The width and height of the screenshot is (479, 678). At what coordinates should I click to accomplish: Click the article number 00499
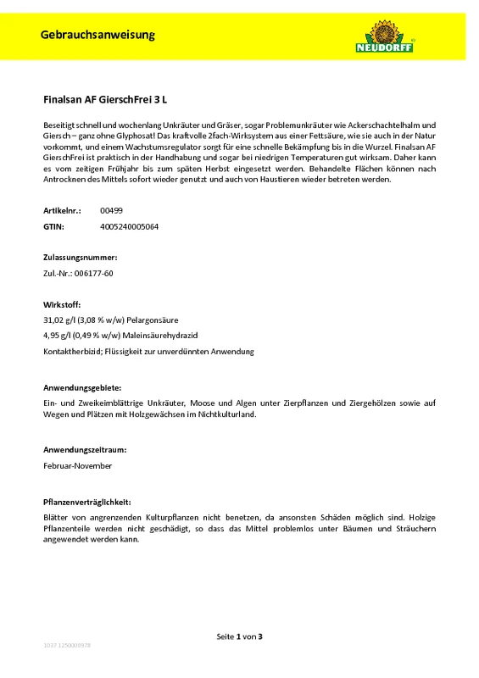point(110,210)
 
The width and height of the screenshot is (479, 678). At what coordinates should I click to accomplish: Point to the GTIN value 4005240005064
point(129,227)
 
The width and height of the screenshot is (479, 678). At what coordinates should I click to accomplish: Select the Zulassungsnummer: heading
point(80,256)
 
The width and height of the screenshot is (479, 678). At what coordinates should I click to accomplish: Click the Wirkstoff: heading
point(62,303)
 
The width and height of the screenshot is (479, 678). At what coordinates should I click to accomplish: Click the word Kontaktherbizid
point(72,351)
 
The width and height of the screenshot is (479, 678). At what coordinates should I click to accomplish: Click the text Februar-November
point(77,465)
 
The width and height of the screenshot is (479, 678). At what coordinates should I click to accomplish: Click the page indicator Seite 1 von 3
point(240,636)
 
